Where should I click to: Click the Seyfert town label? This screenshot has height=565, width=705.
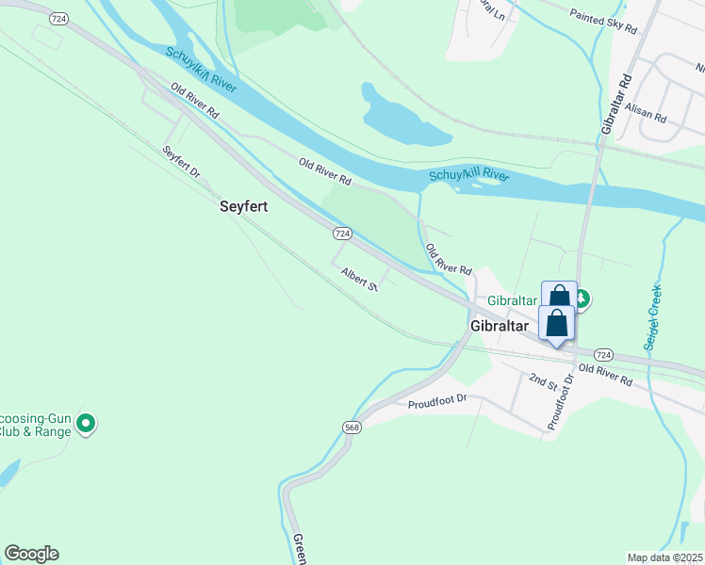tap(244, 206)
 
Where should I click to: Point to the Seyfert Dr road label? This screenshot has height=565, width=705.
tap(182, 163)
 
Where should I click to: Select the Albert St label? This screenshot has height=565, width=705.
tap(359, 279)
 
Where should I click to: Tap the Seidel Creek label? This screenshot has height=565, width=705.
tap(652, 317)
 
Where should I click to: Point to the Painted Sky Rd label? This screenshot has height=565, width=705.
tap(603, 21)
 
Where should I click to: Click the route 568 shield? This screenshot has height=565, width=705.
tap(352, 428)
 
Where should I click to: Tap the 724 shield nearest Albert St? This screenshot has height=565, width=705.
tap(342, 233)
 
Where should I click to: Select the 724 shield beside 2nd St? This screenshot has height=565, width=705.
tap(604, 354)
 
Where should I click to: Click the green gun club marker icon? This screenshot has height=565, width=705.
tap(86, 424)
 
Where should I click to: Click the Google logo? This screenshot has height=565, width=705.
tap(31, 554)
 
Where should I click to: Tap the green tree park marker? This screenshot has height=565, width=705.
tap(582, 299)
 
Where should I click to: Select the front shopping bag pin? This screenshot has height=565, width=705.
tap(557, 323)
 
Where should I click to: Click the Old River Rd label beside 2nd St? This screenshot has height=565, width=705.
tap(605, 374)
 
